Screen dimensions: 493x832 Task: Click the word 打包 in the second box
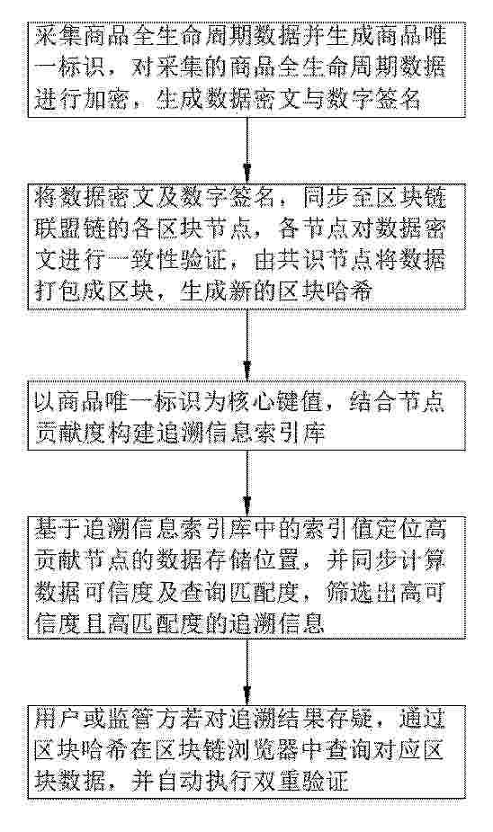58,291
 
